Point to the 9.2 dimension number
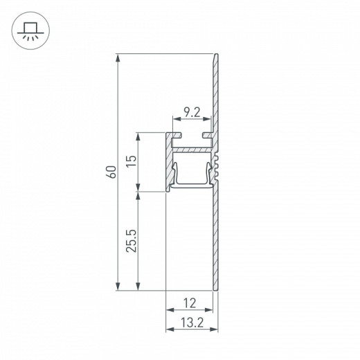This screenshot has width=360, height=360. coord(191,111)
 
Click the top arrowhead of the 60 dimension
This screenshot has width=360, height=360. coord(119,57)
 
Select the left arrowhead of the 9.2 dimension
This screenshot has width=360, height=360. coord(172,119)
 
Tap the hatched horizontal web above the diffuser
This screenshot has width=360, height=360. coord(190,149)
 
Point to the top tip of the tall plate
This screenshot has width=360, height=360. coord(218,55)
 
